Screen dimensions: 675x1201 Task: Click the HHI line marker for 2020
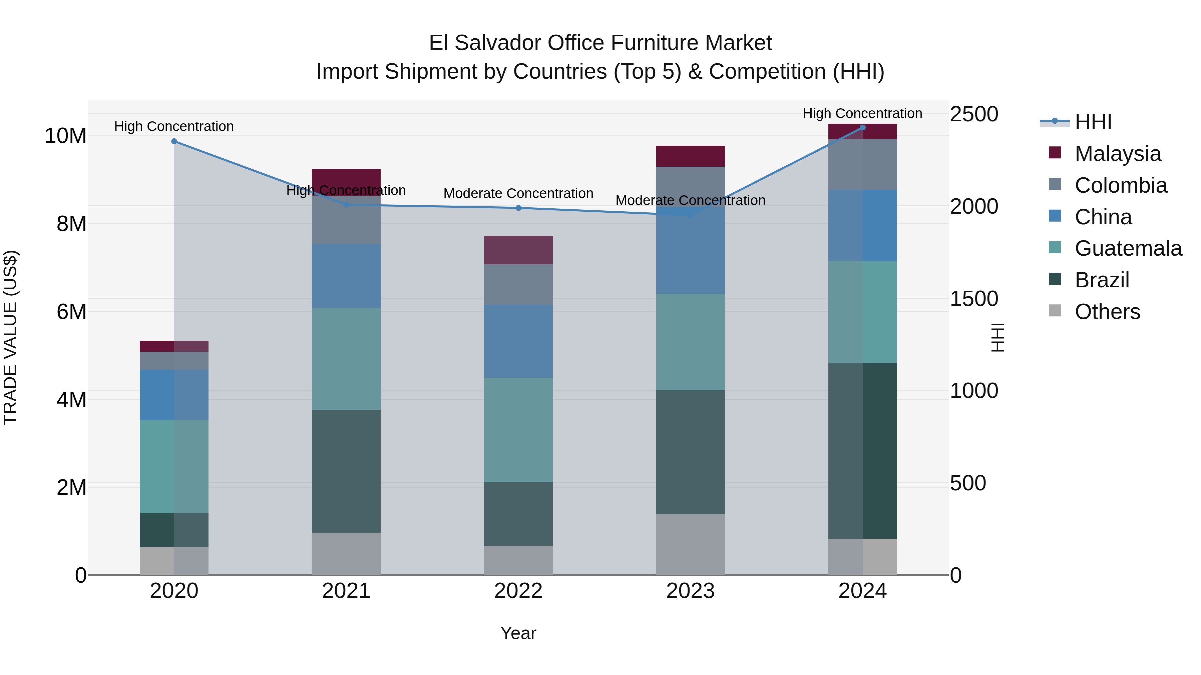(x=174, y=141)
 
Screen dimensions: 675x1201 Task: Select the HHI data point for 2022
(x=518, y=208)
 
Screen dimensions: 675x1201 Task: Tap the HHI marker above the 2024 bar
(x=862, y=128)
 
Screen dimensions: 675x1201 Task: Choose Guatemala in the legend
(x=1128, y=248)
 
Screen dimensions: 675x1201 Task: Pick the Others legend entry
(x=1107, y=312)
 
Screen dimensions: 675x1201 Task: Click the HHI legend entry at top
(x=1093, y=122)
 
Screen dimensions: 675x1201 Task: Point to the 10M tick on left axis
(x=65, y=136)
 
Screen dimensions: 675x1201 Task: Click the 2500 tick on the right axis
(x=974, y=114)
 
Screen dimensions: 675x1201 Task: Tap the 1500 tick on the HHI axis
(x=974, y=299)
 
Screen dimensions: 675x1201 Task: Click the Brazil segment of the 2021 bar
(x=346, y=471)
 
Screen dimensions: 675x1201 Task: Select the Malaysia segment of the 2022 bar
(x=518, y=250)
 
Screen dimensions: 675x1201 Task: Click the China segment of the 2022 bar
(x=518, y=341)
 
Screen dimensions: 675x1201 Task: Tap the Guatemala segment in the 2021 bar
(x=346, y=359)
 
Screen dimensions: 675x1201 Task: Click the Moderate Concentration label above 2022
(x=518, y=193)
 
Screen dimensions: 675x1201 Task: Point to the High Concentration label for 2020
(x=174, y=126)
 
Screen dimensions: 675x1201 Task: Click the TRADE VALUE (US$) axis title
(x=10, y=337)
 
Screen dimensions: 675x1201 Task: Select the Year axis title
(x=518, y=633)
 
